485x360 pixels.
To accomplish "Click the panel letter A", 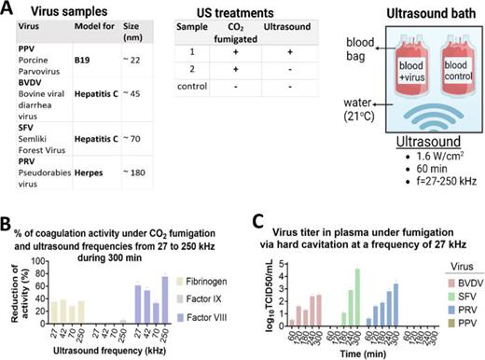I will click(8, 8).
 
